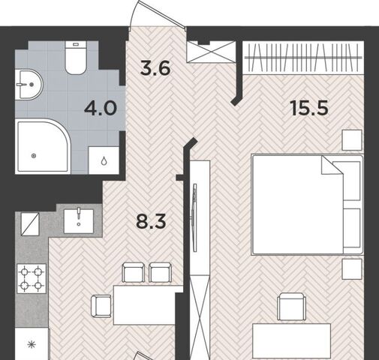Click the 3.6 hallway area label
click(155, 68)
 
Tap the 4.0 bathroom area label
click(101, 108)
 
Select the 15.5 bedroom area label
click(310, 108)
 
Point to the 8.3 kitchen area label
click(151, 221)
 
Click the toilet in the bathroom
click(76, 58)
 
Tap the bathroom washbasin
click(29, 85)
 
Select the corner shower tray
click(43, 146)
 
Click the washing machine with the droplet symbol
click(104, 160)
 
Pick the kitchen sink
click(79, 221)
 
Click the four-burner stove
click(32, 278)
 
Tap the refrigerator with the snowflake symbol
click(32, 344)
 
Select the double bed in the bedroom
click(307, 205)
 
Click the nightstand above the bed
click(352, 140)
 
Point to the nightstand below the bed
click(352, 269)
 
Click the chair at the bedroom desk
click(292, 307)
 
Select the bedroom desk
click(292, 341)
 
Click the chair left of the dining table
click(101, 306)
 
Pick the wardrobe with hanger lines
click(303, 58)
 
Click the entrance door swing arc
click(134, 13)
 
